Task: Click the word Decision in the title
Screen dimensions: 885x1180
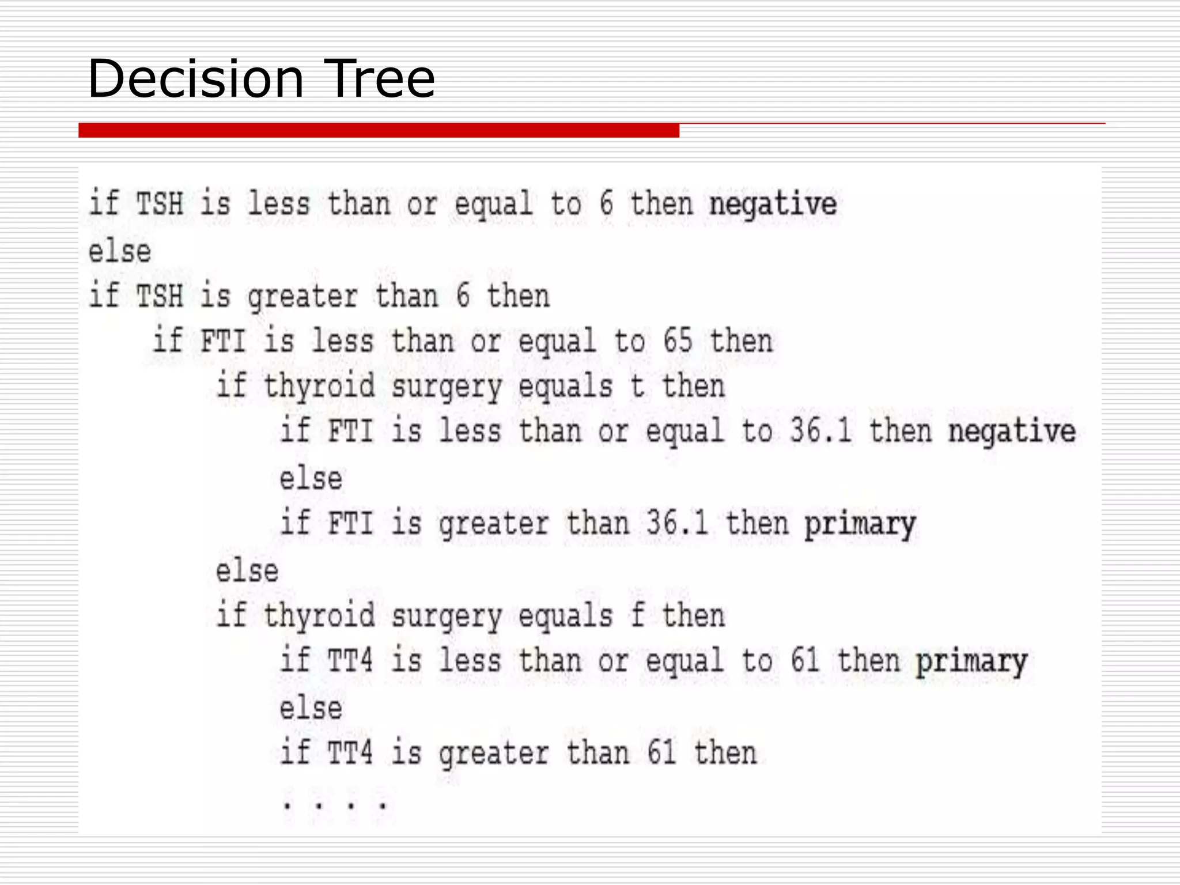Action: coord(195,79)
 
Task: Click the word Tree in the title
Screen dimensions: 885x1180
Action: coord(380,79)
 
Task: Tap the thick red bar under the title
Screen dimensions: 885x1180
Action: coord(379,130)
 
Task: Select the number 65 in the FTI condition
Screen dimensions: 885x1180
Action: coord(677,341)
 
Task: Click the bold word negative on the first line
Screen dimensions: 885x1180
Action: coord(773,205)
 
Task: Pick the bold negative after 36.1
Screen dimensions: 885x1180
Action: coord(1012,432)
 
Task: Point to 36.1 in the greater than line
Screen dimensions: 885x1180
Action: coord(676,523)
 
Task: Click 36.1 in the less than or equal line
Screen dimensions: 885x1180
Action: coord(820,431)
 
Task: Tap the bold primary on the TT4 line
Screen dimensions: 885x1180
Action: coord(972,661)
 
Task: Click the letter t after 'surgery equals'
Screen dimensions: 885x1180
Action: coord(637,385)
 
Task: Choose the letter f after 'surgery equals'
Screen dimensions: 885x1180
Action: coord(637,615)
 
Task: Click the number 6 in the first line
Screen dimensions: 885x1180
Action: coord(606,204)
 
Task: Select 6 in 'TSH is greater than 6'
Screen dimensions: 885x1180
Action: coord(463,296)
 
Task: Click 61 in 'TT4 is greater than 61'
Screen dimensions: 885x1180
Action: coord(661,753)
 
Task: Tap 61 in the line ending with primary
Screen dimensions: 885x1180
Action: coord(804,661)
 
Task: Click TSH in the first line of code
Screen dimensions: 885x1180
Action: coord(160,204)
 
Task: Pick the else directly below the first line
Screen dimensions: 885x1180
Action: coord(120,252)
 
